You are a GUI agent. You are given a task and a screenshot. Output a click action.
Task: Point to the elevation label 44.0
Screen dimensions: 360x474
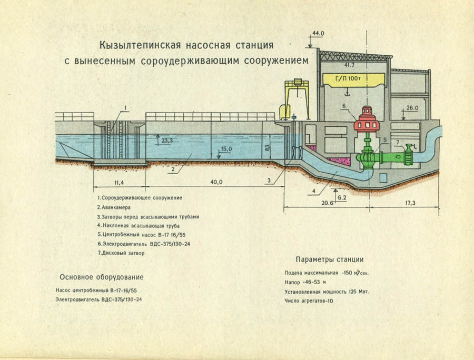pos(318,33)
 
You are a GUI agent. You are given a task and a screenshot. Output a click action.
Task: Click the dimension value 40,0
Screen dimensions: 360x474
pos(216,182)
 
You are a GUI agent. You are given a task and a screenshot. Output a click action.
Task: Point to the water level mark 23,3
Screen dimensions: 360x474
pos(167,141)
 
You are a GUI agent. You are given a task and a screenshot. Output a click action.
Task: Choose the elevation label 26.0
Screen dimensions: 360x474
pos(412,108)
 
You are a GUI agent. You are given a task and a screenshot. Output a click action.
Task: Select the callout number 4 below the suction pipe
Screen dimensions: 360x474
pos(313,190)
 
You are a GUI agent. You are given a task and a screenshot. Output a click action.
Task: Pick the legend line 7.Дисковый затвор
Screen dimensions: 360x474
pos(121,253)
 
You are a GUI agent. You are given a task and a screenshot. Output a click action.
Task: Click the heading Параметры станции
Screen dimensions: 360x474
pos(329,260)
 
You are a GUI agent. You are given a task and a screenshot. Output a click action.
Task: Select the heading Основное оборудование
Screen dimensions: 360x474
pos(102,277)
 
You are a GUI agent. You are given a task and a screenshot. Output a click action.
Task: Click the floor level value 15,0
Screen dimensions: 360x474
pos(226,149)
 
